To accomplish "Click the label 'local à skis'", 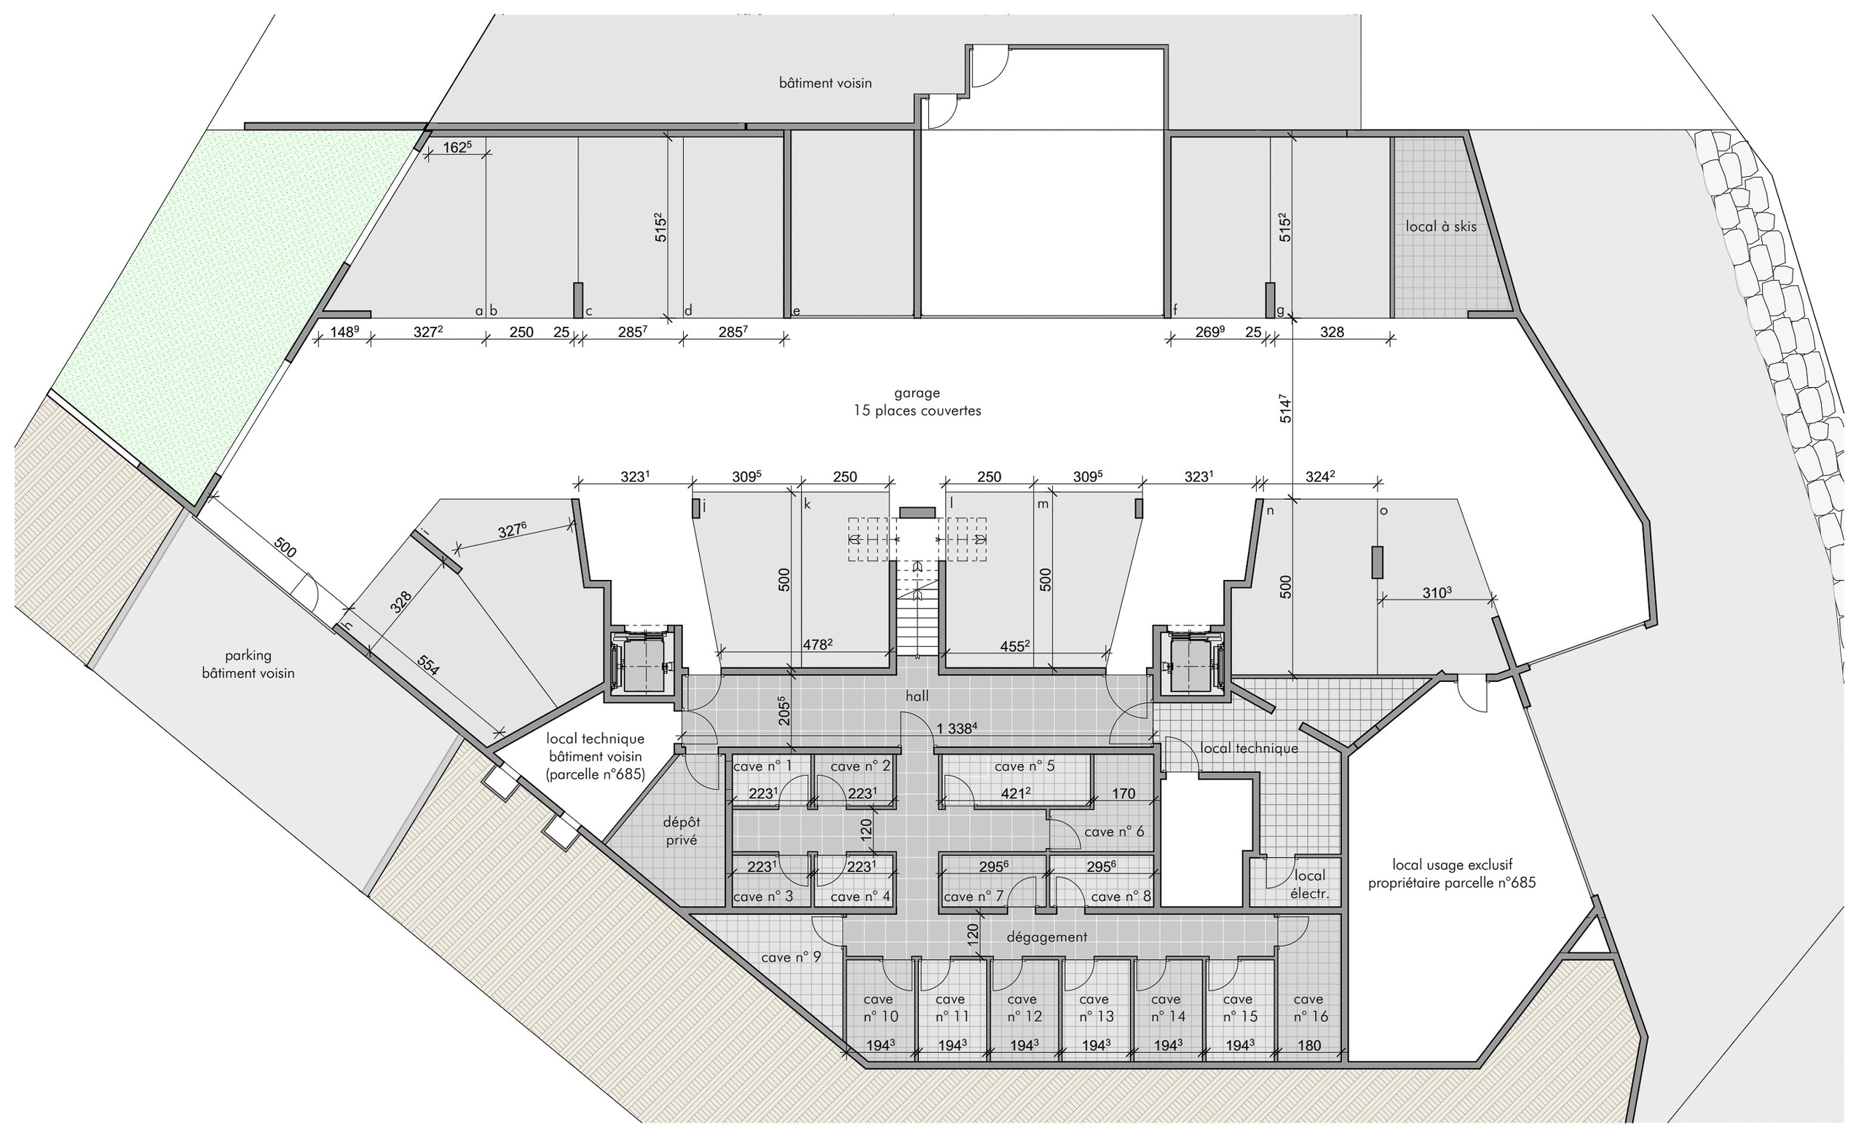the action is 1441,226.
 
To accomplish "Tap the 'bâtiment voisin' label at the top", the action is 825,82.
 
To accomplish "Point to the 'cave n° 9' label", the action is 791,957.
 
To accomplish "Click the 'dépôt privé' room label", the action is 681,831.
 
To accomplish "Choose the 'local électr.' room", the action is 1310,884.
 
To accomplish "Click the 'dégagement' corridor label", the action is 1046,937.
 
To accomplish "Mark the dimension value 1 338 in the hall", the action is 957,728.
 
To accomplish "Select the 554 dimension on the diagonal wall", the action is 428,664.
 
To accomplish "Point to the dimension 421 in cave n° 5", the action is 1017,793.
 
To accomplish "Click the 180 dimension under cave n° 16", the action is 1308,1046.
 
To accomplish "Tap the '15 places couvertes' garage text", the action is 917,411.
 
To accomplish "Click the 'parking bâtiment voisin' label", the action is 248,664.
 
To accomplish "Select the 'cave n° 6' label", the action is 1114,832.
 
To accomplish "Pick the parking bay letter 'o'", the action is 1383,512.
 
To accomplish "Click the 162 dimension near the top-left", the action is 457,147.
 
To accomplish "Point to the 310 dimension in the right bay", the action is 1436,592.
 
